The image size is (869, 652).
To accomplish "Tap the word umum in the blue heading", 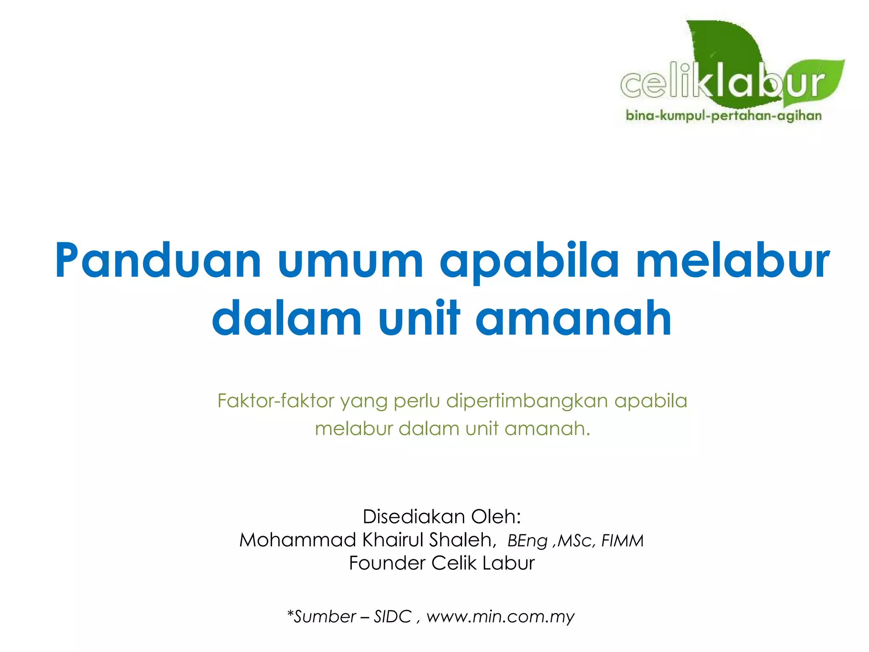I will (350, 260).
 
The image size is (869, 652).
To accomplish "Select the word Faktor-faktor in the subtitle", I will (276, 401).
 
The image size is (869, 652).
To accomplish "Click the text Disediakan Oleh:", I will (442, 517).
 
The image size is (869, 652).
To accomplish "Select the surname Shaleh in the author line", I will (462, 540).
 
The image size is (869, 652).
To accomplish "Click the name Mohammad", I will (297, 540).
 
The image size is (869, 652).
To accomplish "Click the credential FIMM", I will (622, 541).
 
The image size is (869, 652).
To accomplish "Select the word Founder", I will (387, 563).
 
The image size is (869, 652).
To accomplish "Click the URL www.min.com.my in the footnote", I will (500, 616).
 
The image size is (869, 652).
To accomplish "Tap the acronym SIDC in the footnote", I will (392, 616).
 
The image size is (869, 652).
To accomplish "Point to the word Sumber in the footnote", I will (324, 616).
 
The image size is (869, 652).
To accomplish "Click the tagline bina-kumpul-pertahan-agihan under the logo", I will (723, 115).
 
